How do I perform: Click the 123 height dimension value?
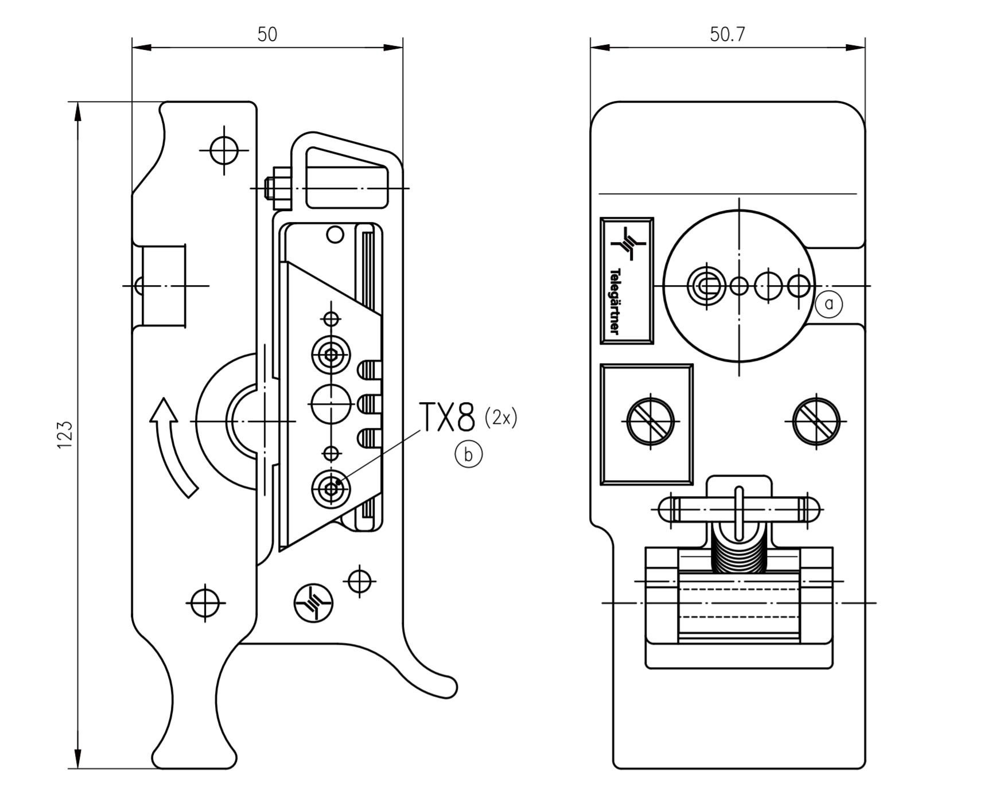point(65,435)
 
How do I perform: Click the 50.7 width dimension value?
point(727,34)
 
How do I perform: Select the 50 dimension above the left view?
point(267,34)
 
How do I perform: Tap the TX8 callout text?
point(448,417)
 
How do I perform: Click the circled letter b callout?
point(468,455)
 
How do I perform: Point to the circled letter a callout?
point(828,304)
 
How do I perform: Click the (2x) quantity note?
point(501,418)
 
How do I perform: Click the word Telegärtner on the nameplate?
point(615,301)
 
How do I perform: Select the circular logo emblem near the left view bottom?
point(313,603)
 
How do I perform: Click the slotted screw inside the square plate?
point(651,422)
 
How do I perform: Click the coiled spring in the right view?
point(738,551)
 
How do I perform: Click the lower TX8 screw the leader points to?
point(331,489)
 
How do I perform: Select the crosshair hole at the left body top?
point(224,150)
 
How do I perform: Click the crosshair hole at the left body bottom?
point(205,603)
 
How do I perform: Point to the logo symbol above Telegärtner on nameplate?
point(628,244)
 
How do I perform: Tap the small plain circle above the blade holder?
point(334,234)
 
